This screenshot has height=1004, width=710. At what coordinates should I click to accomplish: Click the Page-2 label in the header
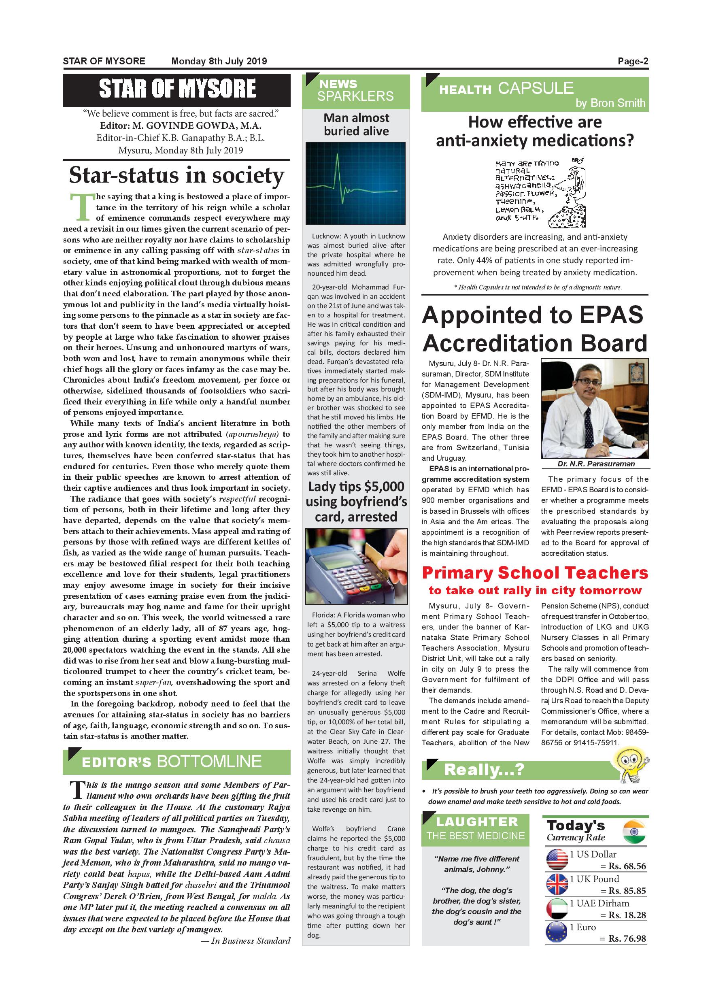(x=633, y=61)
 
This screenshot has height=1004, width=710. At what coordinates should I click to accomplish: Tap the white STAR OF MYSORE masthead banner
(x=176, y=89)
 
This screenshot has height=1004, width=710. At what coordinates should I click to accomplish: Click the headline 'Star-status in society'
(x=176, y=175)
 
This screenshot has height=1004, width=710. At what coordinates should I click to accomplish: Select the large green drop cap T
(x=82, y=207)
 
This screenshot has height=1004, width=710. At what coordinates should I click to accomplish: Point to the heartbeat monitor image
(x=356, y=183)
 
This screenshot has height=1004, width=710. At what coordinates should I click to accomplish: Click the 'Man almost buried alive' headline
(x=356, y=125)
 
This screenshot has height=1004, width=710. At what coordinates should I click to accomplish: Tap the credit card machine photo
(x=356, y=567)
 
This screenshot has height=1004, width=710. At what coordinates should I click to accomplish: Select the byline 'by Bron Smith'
(x=610, y=103)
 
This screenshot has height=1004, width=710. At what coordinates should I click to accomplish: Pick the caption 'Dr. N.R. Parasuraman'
(x=595, y=464)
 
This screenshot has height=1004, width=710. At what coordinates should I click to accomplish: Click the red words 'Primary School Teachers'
(x=535, y=573)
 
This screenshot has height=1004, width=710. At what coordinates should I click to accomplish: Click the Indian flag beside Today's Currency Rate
(x=633, y=832)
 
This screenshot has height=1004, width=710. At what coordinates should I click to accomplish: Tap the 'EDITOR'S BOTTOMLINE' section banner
(x=176, y=762)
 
